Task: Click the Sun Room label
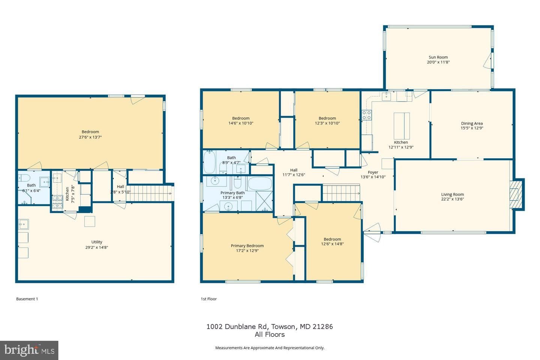[x=438, y=57]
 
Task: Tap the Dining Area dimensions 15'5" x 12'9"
[x=472, y=128]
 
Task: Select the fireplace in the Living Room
[x=517, y=194]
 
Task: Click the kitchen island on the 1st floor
[x=402, y=126]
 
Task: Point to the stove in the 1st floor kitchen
[x=366, y=115]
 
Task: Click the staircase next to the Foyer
[x=341, y=193]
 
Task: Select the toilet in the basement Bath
[x=24, y=178]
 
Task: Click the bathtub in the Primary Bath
[x=260, y=184]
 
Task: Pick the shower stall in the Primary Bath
[x=264, y=201]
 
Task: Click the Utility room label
[x=97, y=242]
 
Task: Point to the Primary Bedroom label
[x=247, y=246]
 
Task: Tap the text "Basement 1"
[x=27, y=299]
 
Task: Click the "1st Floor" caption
[x=209, y=299]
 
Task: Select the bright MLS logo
[x=29, y=350]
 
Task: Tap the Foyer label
[x=373, y=172]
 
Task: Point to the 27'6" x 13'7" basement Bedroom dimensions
[x=90, y=137]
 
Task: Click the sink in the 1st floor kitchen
[x=386, y=96]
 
